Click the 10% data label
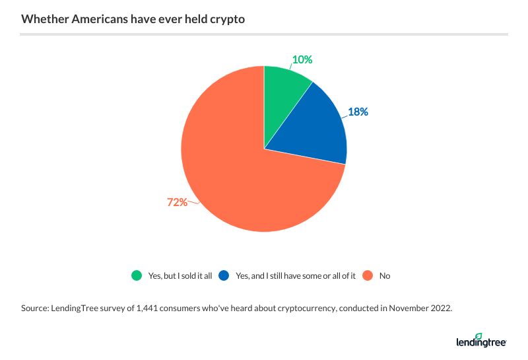(x=302, y=59)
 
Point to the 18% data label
(x=358, y=112)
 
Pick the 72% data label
(x=177, y=202)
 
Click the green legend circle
(x=137, y=275)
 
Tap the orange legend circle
(x=368, y=275)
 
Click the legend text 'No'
(x=385, y=275)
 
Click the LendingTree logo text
(x=479, y=342)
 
